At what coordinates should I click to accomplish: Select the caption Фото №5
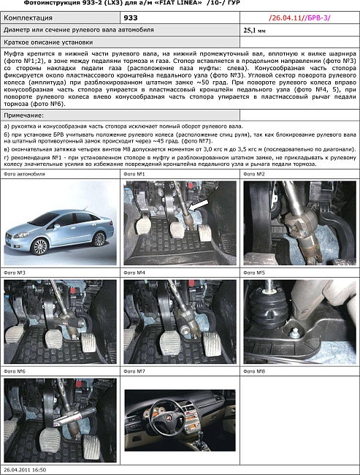tap(255, 273)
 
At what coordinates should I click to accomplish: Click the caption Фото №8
tap(255, 371)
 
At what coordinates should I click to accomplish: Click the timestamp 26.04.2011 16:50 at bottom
tap(25, 469)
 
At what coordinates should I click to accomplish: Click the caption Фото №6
tap(15, 371)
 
